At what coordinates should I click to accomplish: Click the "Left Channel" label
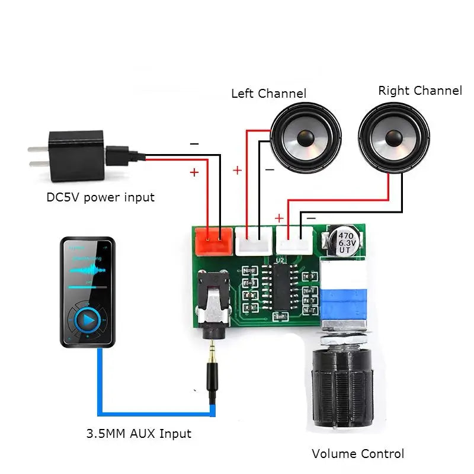pos(268,94)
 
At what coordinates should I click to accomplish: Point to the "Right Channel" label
pos(419,91)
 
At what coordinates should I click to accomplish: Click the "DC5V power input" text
pos(100,197)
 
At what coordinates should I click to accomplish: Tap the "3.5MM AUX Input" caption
pos(139,434)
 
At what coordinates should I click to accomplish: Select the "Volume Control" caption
pos(358,454)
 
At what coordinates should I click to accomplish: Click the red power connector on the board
pos(213,241)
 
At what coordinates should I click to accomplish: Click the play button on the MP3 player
pos(88,321)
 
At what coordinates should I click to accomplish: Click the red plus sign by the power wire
pos(194,172)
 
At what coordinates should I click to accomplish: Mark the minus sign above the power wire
pos(194,144)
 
